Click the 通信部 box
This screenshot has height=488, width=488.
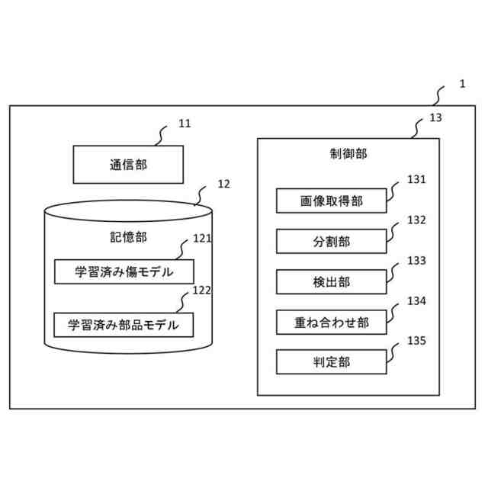tap(128, 164)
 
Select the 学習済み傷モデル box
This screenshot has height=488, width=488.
tap(124, 272)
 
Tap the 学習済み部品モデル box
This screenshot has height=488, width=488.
tap(124, 325)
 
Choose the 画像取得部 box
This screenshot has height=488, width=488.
tap(331, 201)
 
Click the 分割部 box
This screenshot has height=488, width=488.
tap(331, 242)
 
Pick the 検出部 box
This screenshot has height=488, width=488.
tap(331, 282)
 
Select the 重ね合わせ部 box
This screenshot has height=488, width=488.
tap(331, 323)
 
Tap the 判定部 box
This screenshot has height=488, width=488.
tap(331, 362)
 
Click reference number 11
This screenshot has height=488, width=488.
tap(185, 123)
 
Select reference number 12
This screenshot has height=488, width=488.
tap(223, 184)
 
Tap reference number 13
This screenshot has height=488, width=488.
tap(435, 118)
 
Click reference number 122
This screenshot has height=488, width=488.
tap(202, 291)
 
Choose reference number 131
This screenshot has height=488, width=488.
tap(416, 180)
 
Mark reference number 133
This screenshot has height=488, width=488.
tap(416, 261)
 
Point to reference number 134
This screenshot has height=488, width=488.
tap(416, 301)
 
